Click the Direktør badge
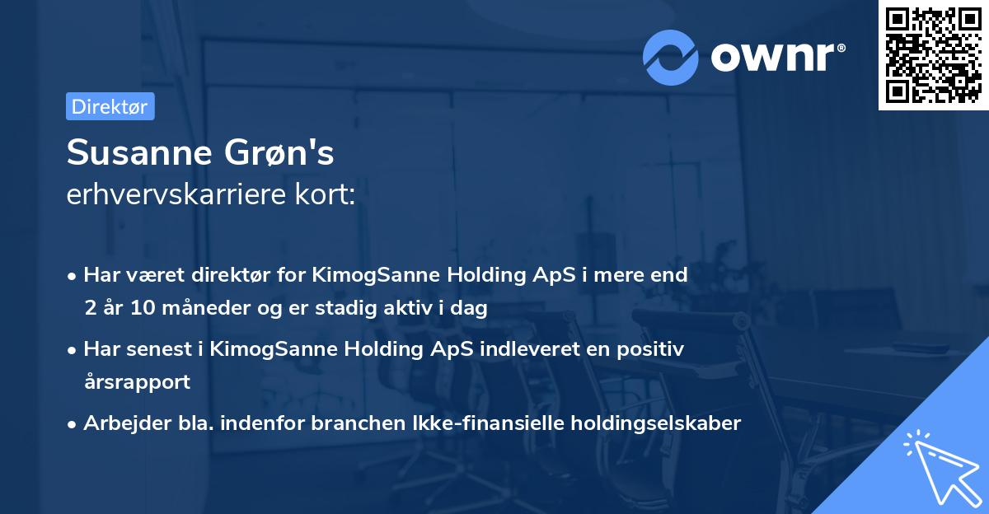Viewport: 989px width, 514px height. coord(110,106)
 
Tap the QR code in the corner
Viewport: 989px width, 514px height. coord(933,54)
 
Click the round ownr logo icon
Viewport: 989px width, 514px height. coord(670,56)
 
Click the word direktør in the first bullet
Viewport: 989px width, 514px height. coord(238,275)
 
